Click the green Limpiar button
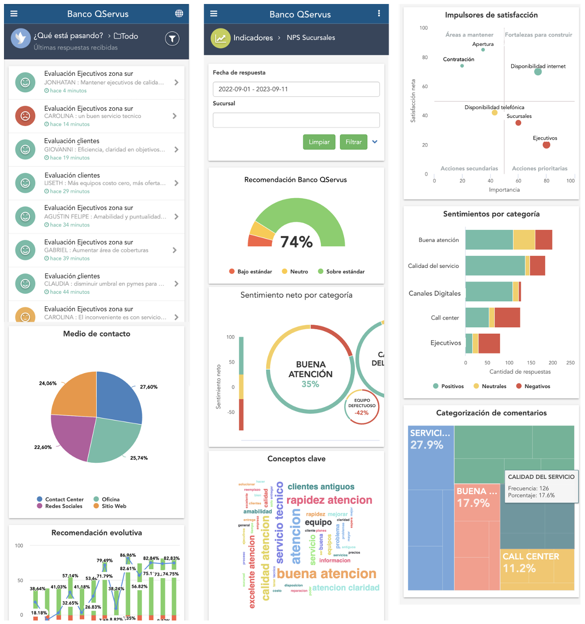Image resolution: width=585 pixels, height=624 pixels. (x=319, y=142)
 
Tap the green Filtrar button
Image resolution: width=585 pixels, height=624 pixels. (x=353, y=142)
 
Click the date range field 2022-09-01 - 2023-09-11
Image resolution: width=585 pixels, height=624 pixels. (x=296, y=89)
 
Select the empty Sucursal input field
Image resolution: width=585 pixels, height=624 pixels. (x=296, y=120)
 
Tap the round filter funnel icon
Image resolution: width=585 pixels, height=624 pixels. (x=172, y=38)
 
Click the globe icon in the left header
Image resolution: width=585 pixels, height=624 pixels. (x=179, y=13)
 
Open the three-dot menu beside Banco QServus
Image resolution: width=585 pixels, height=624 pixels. (x=379, y=13)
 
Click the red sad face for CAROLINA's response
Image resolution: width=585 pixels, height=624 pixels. (x=25, y=116)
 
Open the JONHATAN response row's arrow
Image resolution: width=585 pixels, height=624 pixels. (x=176, y=82)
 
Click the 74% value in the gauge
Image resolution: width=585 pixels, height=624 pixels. (x=296, y=242)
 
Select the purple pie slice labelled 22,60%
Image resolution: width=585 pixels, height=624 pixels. (x=72, y=434)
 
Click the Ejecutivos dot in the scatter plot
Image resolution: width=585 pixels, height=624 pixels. (x=546, y=145)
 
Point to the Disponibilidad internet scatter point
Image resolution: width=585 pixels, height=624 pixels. (x=538, y=72)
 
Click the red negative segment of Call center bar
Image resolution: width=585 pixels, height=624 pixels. (x=507, y=318)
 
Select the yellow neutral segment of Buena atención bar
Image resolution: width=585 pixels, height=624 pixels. (x=524, y=240)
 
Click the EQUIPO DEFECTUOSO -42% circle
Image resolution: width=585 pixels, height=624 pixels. (x=362, y=407)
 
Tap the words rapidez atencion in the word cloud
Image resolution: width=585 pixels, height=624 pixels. (x=329, y=500)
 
